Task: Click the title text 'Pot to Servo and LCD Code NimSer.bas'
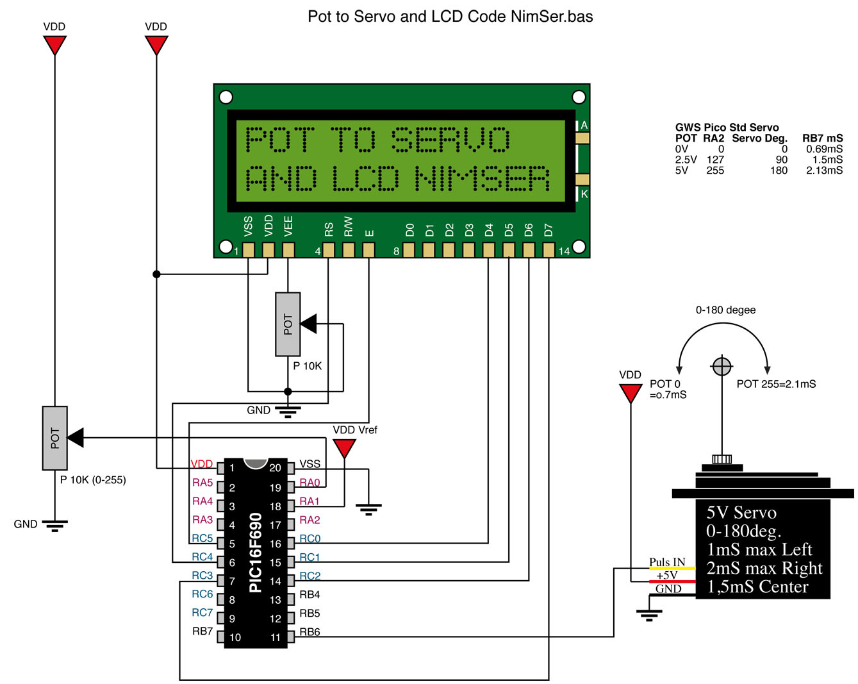[x=450, y=17]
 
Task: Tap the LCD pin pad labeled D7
[x=549, y=249]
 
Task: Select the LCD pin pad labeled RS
[x=329, y=249]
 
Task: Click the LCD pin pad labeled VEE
[x=288, y=249]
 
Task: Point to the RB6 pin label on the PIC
[x=309, y=632]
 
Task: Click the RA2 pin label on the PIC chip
[x=309, y=520]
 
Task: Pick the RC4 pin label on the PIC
[x=202, y=557]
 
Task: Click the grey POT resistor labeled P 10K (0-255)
[x=55, y=438]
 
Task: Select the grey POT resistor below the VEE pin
[x=288, y=324]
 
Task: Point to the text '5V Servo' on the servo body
[x=741, y=513]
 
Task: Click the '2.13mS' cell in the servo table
[x=825, y=171]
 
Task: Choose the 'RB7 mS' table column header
[x=822, y=138]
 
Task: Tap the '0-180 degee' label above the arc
[x=725, y=310]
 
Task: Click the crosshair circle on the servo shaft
[x=722, y=367]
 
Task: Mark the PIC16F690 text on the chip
[x=256, y=553]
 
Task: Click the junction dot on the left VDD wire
[x=156, y=274]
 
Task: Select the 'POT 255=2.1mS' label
[x=776, y=384]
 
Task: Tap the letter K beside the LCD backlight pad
[x=584, y=194]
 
